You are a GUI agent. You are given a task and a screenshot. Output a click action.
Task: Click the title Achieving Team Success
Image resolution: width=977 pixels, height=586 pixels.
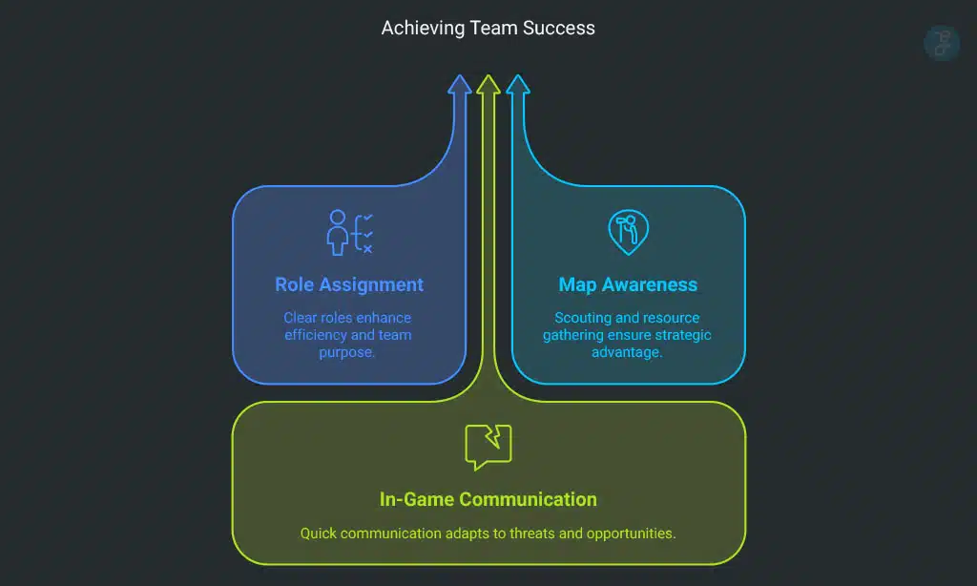click(488, 28)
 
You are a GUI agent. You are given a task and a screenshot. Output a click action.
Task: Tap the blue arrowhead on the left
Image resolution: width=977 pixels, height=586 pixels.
click(460, 86)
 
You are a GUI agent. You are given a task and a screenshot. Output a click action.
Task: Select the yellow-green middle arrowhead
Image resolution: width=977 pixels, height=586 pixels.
click(488, 85)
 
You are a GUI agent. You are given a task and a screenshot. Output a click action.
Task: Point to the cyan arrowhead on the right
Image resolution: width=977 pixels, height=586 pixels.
click(517, 86)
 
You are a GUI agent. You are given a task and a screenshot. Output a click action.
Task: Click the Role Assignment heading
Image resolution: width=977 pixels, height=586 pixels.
click(349, 284)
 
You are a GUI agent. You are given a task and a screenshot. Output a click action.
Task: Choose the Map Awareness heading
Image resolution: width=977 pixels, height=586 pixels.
click(628, 284)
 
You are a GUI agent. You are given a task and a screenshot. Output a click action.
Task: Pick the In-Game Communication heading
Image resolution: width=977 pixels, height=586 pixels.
click(488, 499)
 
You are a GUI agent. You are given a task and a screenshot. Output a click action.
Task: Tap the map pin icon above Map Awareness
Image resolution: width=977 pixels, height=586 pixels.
click(628, 230)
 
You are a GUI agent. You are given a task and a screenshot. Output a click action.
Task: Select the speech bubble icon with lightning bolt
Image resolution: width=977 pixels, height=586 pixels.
click(488, 447)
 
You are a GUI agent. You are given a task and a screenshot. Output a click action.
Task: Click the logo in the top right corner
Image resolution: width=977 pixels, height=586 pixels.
click(942, 43)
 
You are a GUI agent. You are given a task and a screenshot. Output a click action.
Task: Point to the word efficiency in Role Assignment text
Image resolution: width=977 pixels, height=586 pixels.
click(316, 335)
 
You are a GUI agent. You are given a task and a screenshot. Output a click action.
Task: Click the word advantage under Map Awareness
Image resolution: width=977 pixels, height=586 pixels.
click(628, 352)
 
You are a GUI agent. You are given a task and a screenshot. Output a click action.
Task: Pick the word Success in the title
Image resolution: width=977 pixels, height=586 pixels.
click(559, 28)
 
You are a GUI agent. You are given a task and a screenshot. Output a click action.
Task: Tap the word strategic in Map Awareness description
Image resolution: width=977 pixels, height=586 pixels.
click(680, 335)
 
